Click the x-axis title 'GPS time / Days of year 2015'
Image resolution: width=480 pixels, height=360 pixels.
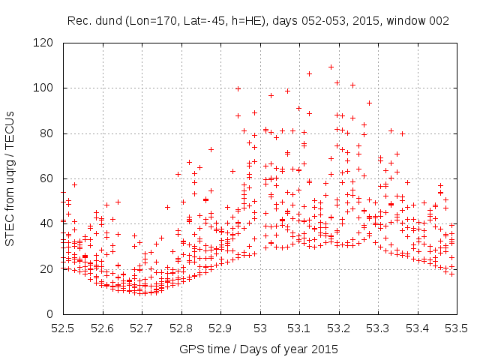click(259, 349)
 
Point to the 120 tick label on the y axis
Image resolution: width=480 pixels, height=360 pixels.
click(47, 43)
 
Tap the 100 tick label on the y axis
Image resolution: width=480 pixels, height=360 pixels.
click(47, 88)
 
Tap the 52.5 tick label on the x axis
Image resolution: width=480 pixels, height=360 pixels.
click(63, 328)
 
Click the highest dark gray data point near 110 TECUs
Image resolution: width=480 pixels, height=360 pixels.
click(331, 67)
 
